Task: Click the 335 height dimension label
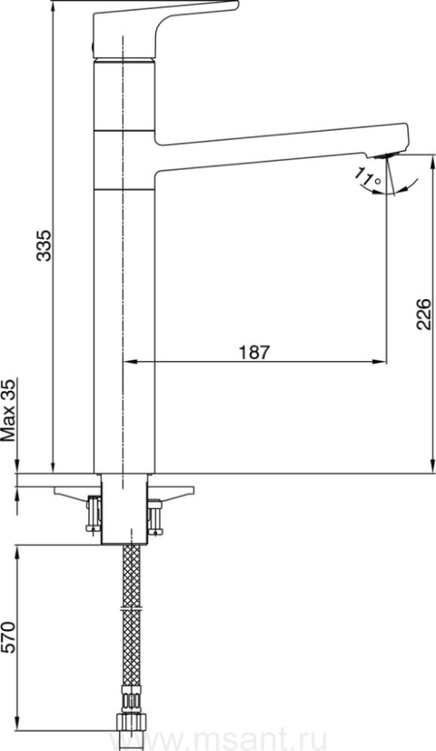44,245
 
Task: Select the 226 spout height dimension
424,315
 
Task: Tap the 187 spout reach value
255,352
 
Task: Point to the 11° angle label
368,176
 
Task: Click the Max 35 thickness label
8,410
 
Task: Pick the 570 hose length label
8,638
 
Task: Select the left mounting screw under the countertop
94,514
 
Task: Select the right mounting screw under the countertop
155,517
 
